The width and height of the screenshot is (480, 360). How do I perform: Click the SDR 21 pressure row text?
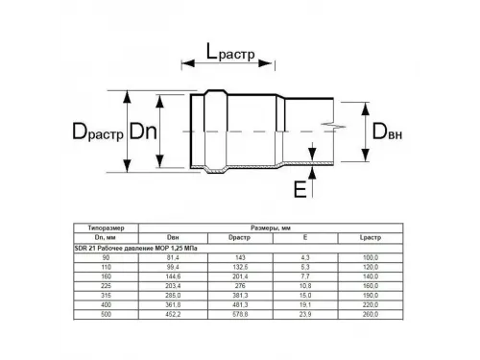(x=133, y=247)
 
